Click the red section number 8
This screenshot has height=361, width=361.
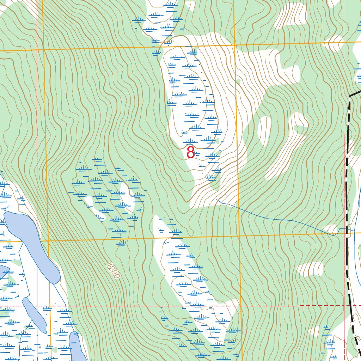click(x=190, y=153)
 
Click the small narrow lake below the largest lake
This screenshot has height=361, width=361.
click(x=35, y=315)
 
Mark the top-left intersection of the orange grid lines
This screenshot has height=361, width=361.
click(x=44, y=50)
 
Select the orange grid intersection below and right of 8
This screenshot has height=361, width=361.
click(x=239, y=236)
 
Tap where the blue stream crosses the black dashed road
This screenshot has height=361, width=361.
click(x=347, y=231)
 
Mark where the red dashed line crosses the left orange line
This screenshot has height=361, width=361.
click(x=50, y=306)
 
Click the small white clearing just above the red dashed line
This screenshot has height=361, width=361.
click(x=310, y=269)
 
